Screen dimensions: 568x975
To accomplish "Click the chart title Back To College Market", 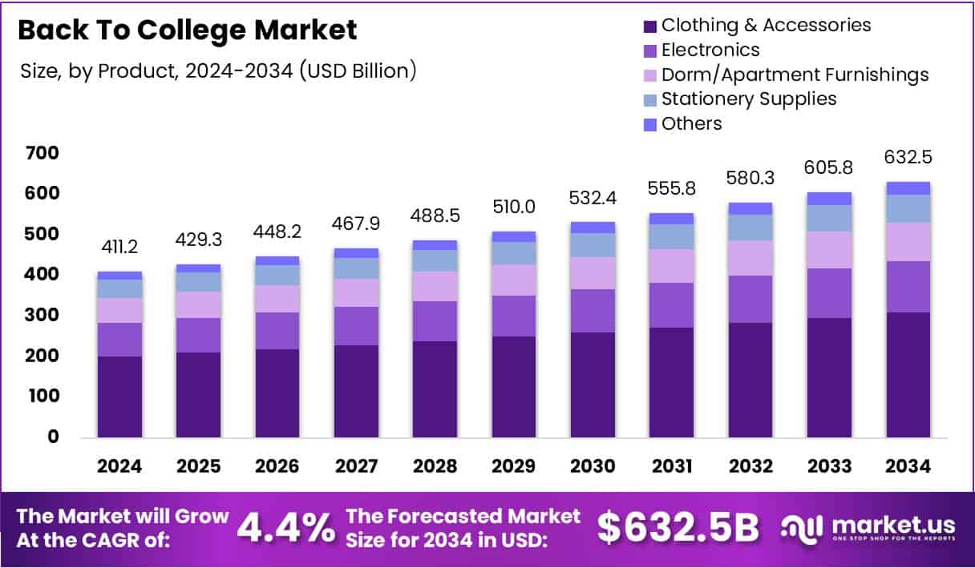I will point(187,30).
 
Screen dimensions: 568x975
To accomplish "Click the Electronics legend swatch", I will point(650,50).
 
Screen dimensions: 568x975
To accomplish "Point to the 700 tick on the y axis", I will point(41,152).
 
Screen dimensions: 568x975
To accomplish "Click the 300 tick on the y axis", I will point(41,315).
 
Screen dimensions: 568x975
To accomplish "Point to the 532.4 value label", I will point(593,197).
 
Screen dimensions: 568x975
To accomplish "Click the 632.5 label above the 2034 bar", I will point(908,156).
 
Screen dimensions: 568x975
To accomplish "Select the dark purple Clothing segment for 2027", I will point(356,391).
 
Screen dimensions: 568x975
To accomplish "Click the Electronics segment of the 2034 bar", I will point(908,287).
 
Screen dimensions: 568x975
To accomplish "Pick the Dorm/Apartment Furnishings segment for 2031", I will point(671,266).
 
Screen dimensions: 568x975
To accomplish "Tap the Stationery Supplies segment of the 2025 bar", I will point(198,282).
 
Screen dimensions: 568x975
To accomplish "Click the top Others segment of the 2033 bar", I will point(829,199).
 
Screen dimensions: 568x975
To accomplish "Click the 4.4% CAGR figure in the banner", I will point(286,527).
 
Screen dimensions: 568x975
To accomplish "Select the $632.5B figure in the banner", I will point(678,527).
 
